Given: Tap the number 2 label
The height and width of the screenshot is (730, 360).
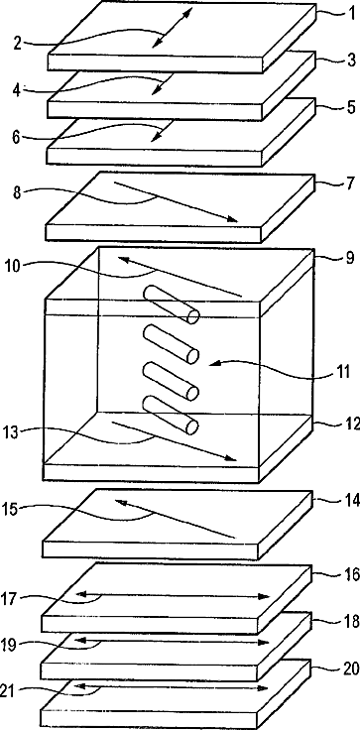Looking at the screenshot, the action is tap(17, 44).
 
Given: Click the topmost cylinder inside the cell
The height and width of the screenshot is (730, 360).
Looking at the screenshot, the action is tap(171, 304).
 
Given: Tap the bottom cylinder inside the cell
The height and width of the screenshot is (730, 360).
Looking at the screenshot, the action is tap(171, 415).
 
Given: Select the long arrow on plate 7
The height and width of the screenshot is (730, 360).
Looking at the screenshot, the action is tap(176, 201).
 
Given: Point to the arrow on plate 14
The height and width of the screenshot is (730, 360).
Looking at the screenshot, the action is tap(175, 518).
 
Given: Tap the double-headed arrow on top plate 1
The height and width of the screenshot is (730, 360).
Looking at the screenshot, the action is tap(172, 28).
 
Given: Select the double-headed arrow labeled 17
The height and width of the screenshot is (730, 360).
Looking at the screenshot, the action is tap(173, 595).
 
